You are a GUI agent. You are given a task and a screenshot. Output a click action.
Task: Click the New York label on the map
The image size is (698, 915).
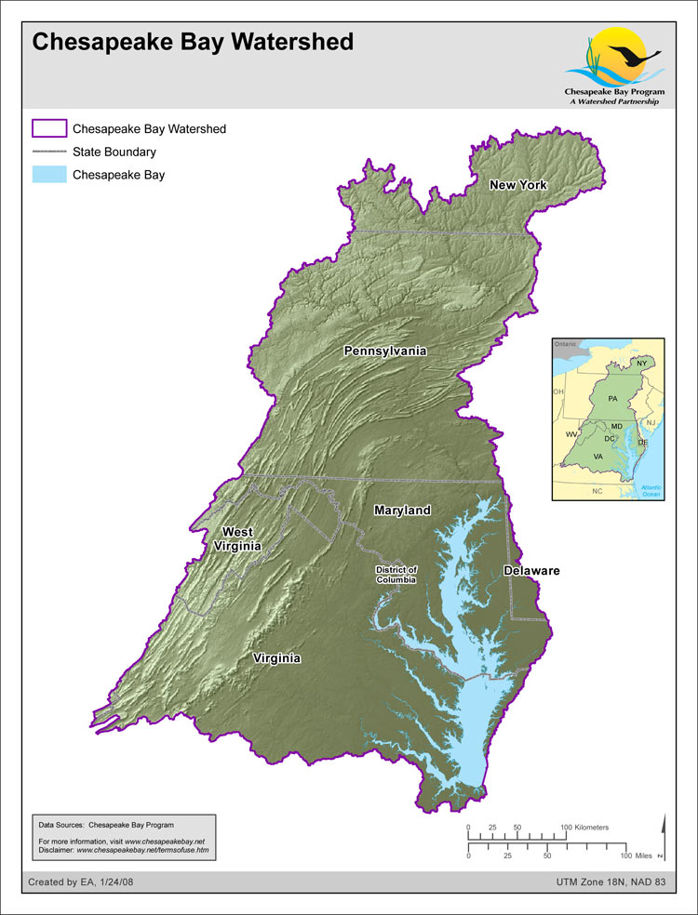(518, 185)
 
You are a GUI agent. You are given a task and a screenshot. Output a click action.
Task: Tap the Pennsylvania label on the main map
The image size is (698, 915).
(385, 351)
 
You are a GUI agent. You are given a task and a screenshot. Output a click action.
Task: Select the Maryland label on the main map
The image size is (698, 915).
(402, 511)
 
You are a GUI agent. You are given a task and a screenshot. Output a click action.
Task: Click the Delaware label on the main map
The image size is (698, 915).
(531, 570)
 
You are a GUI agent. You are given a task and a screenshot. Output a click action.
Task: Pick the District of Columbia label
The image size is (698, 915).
(396, 574)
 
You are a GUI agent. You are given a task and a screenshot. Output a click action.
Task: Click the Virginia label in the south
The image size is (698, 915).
(277, 658)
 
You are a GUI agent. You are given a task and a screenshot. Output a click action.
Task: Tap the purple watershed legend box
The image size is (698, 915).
(48, 128)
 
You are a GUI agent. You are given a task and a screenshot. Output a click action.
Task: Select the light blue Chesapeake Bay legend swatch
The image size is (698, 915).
(48, 174)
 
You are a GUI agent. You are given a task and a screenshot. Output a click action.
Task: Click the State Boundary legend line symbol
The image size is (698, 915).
(48, 152)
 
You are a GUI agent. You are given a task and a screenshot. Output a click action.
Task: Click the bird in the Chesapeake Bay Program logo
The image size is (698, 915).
(636, 55)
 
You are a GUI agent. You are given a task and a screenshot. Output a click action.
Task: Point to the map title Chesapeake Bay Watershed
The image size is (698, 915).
(193, 42)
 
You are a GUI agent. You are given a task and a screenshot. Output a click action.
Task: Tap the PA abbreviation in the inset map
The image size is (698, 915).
(612, 398)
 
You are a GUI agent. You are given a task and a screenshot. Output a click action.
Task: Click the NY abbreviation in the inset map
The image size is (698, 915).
(641, 363)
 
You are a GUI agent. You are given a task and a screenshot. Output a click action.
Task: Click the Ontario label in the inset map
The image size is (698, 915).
(566, 344)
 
